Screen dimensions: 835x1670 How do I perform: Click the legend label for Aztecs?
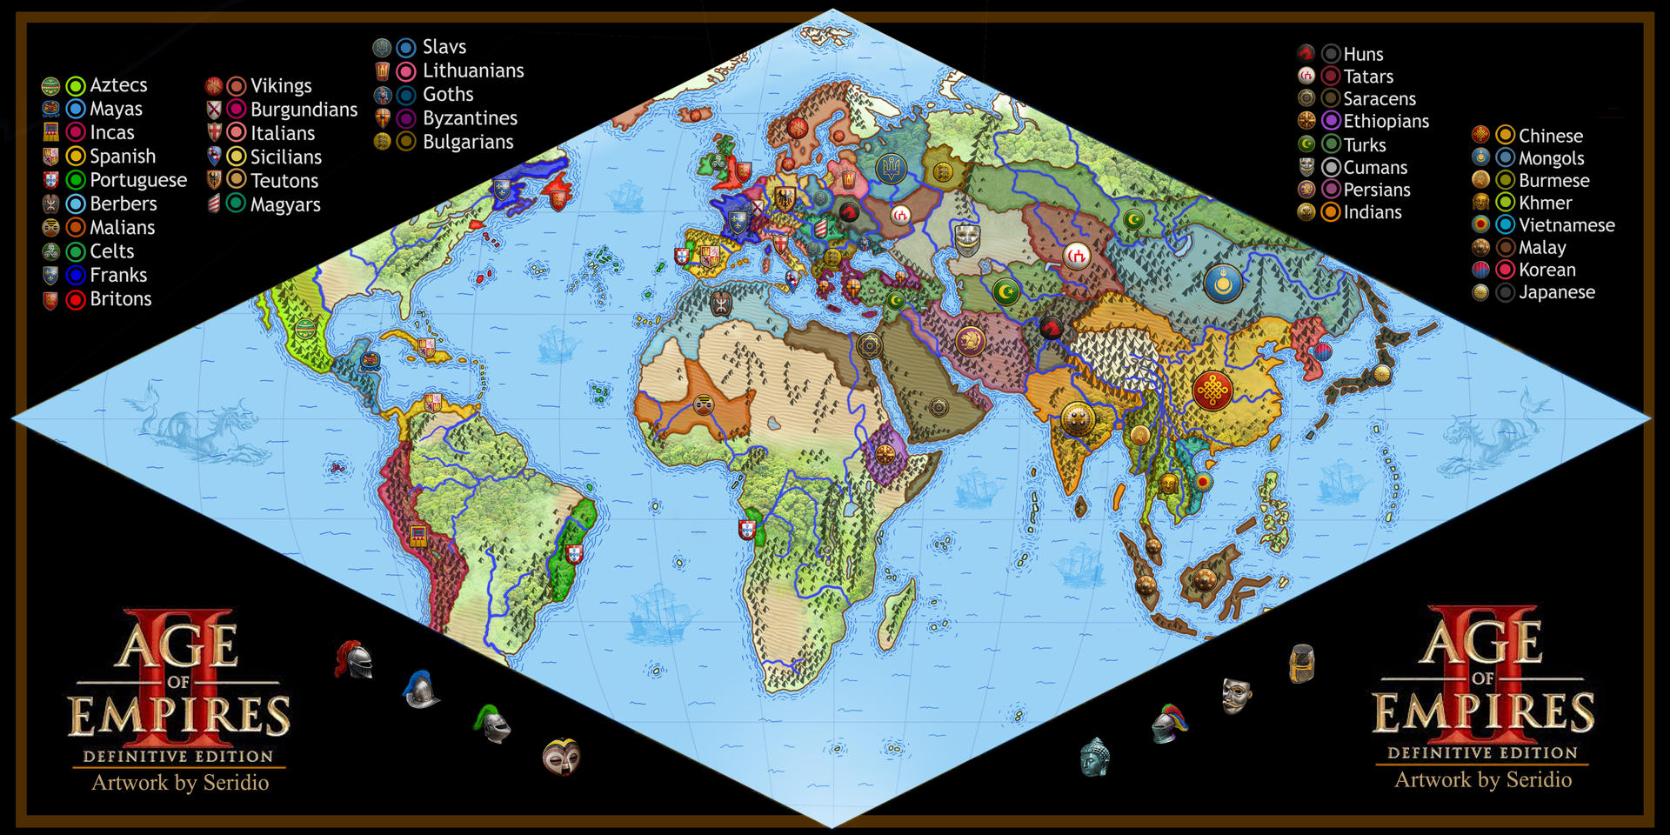point(118,85)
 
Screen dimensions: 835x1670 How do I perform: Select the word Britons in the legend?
point(120,299)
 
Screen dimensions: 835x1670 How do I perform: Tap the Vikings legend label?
point(281,86)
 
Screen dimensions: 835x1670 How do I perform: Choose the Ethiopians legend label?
point(1386,122)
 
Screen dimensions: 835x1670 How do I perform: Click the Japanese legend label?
point(1556,292)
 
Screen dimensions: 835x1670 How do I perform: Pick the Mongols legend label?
point(1551,158)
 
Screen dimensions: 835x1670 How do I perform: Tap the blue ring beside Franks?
point(76,276)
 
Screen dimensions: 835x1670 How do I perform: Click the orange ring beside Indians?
point(1330,212)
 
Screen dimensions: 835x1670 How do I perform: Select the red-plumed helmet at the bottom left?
point(354,660)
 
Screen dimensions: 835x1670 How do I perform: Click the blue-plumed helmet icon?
point(420,690)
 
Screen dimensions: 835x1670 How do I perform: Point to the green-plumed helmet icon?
point(492,724)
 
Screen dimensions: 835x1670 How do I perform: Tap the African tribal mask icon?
point(561,757)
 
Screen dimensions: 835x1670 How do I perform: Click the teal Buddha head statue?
point(1094,757)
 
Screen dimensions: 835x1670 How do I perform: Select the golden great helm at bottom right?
point(1301,664)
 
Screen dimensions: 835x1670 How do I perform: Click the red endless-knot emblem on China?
point(1212,391)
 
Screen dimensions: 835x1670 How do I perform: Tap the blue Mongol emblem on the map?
point(1222,283)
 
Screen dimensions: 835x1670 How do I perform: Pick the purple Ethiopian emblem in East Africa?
point(885,454)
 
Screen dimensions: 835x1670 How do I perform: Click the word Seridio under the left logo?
point(236,783)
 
